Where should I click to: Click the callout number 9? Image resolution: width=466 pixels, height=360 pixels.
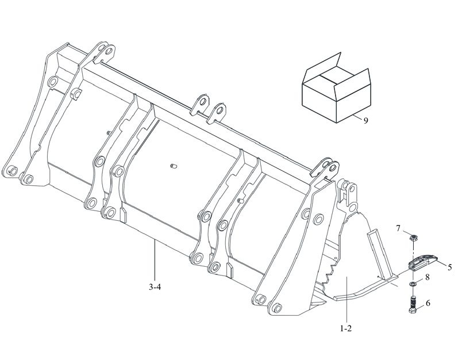pyautogui.click(x=365, y=121)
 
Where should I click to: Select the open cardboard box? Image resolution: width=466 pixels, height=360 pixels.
pyautogui.click(x=336, y=89)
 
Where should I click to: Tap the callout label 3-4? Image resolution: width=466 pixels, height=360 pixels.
pyautogui.click(x=155, y=287)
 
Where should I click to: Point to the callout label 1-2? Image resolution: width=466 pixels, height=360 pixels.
pyautogui.click(x=346, y=329)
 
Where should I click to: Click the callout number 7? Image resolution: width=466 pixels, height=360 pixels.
pyautogui.click(x=398, y=228)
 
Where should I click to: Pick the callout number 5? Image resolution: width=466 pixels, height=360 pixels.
pyautogui.click(x=449, y=267)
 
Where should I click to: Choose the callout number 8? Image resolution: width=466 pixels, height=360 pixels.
pyautogui.click(x=428, y=277)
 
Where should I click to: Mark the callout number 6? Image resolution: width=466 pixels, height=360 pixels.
pyautogui.click(x=428, y=303)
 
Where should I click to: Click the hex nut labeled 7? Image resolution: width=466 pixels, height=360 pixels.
pyautogui.click(x=412, y=238)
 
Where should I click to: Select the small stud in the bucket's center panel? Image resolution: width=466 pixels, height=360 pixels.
pyautogui.click(x=174, y=166)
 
